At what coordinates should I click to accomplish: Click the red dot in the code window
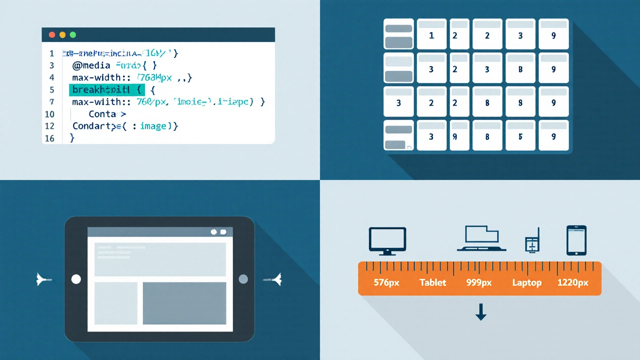tap(51, 35)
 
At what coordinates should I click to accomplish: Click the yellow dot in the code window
tap(62, 35)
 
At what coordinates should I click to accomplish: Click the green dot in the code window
tap(73, 35)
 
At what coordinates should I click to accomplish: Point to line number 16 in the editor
tap(49, 138)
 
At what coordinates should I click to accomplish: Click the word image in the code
tap(153, 126)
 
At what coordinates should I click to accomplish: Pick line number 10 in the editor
tap(49, 114)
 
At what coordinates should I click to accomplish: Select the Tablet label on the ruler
tap(432, 282)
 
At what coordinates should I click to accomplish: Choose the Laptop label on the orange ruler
tap(526, 282)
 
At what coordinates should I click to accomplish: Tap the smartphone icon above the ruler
tap(576, 240)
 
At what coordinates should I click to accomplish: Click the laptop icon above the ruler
tap(481, 238)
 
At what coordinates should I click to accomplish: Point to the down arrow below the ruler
tap(480, 312)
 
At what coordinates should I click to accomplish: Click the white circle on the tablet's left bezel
tap(76, 279)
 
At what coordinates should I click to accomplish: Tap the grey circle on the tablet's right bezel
tap(243, 279)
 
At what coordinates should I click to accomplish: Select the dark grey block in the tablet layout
tap(184, 303)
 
